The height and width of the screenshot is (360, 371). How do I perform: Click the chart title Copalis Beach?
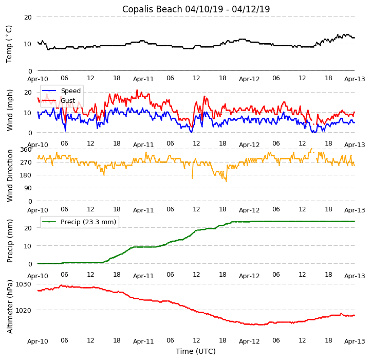point(196,9)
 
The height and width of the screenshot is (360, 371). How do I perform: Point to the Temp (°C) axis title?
point(9,44)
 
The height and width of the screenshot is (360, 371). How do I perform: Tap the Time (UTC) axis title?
point(196,352)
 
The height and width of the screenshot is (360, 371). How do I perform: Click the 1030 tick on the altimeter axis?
point(24,284)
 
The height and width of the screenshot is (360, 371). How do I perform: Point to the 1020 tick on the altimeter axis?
point(24,310)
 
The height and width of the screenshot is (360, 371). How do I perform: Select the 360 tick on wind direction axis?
point(26,149)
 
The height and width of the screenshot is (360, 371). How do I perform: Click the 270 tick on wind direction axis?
point(26,162)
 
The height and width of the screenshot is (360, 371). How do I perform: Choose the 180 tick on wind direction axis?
point(26,175)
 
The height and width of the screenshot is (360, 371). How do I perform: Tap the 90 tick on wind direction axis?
point(28,188)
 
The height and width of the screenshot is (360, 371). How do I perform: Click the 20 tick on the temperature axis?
point(28,17)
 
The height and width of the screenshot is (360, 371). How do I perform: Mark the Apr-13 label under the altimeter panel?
point(355,341)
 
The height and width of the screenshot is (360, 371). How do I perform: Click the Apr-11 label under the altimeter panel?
point(143,341)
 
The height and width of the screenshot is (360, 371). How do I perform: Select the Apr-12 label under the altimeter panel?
point(249,341)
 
